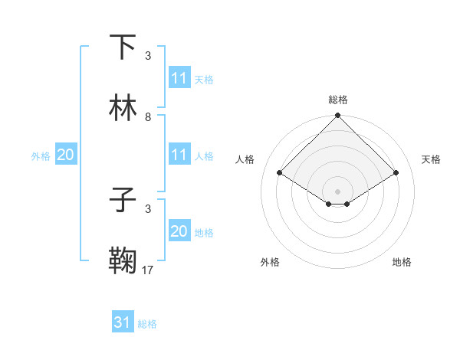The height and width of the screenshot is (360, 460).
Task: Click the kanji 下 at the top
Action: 123,47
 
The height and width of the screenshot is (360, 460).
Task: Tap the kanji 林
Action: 123,108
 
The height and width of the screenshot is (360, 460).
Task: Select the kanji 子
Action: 123,200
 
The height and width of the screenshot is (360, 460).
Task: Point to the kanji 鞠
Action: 123,261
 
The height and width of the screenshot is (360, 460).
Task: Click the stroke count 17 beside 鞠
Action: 148,270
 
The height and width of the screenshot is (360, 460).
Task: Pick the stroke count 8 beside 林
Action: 148,116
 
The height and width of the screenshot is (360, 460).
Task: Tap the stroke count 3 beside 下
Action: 148,55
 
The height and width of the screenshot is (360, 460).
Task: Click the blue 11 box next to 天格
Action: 179,78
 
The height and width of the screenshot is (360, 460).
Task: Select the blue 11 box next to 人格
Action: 179,155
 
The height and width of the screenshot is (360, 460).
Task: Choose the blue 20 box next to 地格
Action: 179,231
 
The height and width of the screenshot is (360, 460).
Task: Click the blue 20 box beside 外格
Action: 66,155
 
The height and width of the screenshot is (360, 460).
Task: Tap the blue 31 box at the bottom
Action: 123,323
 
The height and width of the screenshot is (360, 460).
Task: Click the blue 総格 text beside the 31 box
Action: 147,324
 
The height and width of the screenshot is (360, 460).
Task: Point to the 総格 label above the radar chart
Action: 338,100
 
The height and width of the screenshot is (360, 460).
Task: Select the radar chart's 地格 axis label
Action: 402,262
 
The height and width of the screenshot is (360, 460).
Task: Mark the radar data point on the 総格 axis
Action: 338,116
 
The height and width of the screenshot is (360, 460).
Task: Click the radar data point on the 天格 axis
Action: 396,173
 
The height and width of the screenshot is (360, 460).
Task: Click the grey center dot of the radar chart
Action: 338,191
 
